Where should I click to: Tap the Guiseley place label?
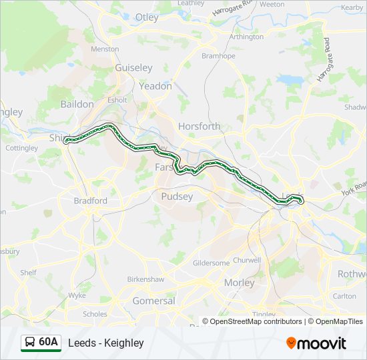pos(133,68)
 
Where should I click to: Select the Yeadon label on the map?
pos(155,86)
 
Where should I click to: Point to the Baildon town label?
pos(77,104)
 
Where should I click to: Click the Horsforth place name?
pos(199,126)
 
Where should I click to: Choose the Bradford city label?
pos(90,200)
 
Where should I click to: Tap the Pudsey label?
pos(177,197)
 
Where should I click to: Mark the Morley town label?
pos(239,283)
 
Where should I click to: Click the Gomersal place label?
pos(154,301)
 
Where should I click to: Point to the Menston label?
pos(105,49)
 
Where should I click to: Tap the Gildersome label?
pos(211,263)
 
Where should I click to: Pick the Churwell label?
pos(248,260)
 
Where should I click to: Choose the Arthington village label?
pos(246,37)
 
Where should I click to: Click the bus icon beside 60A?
pos(29,343)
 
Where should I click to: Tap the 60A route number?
pos(48,343)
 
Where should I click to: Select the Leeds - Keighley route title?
pos(105,343)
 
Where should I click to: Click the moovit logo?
pos(316,343)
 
